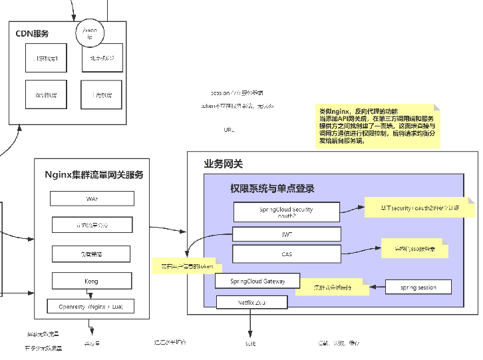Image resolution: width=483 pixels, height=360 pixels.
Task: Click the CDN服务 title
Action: click(x=32, y=33)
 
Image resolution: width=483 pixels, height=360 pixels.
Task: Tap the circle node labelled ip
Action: click(x=90, y=34)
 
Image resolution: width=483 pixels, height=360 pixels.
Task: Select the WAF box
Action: click(x=92, y=199)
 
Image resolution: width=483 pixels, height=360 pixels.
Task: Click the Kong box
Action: click(x=91, y=281)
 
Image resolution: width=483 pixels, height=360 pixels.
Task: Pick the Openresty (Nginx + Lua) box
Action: click(x=91, y=306)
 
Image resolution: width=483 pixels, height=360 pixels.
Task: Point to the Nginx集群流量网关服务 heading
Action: click(x=94, y=175)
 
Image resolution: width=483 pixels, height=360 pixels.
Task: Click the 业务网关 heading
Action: click(x=224, y=164)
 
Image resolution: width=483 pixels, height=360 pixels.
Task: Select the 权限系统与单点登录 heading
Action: click(x=272, y=188)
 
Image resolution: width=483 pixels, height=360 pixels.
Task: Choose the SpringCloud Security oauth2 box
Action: click(x=286, y=212)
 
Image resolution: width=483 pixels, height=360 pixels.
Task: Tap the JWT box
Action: click(x=286, y=235)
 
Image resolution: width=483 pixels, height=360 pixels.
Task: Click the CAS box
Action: click(x=286, y=254)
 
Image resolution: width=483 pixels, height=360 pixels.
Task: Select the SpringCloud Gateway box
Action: click(x=257, y=281)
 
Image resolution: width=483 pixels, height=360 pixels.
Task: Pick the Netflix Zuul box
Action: click(x=252, y=302)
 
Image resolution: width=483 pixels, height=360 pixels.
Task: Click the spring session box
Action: click(x=418, y=287)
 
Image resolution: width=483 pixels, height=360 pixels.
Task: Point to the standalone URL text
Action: click(x=229, y=130)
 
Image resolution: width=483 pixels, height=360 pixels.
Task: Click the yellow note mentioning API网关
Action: click(x=377, y=126)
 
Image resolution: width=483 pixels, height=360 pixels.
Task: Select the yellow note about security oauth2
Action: click(x=419, y=208)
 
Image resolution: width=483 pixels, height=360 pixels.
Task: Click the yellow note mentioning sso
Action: click(x=414, y=249)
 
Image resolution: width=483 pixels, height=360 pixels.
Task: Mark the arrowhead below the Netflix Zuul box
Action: click(x=250, y=335)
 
